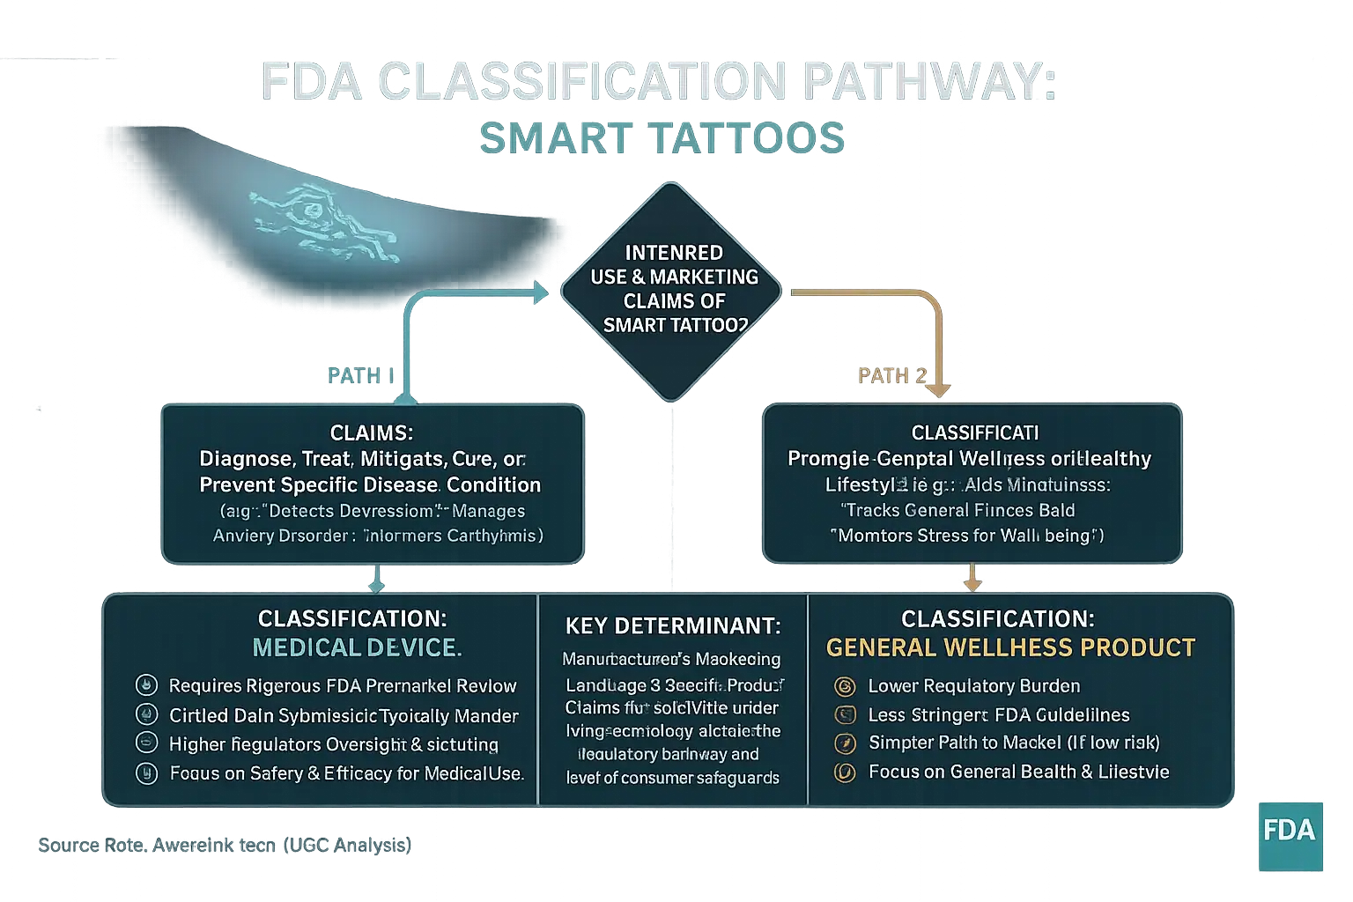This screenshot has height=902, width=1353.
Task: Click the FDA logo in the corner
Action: (x=1288, y=830)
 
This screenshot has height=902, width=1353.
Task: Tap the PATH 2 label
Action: (x=892, y=376)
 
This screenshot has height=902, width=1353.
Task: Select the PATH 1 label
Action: (x=359, y=376)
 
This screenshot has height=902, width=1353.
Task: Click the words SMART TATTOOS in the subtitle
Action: (x=662, y=138)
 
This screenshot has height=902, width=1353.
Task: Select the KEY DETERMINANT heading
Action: (x=673, y=626)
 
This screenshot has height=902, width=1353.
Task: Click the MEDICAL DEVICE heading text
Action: (x=357, y=648)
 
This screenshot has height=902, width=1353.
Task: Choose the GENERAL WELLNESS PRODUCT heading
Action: (x=1010, y=648)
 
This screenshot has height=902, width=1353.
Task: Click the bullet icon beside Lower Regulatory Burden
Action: (x=845, y=686)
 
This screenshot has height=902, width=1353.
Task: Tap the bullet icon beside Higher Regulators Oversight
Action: (x=146, y=743)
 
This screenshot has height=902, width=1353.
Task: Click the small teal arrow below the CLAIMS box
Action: (x=377, y=579)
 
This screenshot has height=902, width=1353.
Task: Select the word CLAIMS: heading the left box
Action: (x=371, y=433)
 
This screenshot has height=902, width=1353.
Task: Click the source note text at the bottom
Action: (x=225, y=845)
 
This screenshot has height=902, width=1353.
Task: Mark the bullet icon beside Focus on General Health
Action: (x=845, y=773)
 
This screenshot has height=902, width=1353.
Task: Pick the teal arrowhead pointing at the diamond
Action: (x=541, y=292)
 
